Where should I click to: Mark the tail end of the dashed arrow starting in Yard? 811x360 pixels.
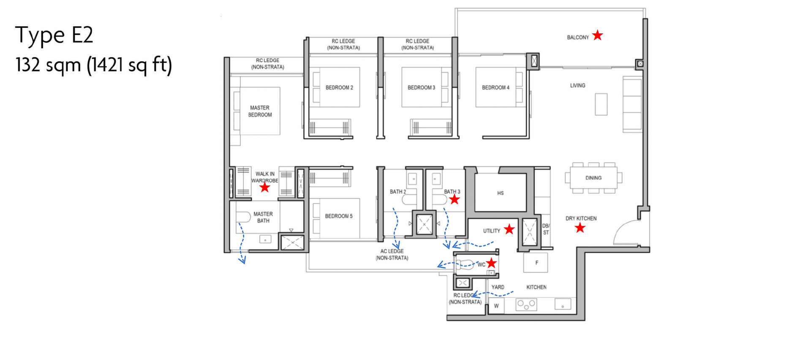click(x=513, y=291)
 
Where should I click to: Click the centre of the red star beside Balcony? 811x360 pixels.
click(x=597, y=35)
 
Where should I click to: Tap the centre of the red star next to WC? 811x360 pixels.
click(x=491, y=263)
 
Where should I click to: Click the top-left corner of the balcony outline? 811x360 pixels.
click(x=455, y=8)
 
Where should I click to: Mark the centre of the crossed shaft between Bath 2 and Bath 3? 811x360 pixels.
click(x=424, y=224)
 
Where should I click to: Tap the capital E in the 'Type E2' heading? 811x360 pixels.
click(x=78, y=35)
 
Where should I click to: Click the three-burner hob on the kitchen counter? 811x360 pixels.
click(x=526, y=304)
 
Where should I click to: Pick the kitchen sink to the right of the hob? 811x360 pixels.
click(x=563, y=304)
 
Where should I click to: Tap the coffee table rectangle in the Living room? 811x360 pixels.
click(x=601, y=104)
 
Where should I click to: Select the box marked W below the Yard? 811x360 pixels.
click(x=496, y=306)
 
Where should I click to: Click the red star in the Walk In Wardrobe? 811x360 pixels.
click(x=265, y=187)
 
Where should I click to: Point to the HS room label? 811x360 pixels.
click(x=501, y=193)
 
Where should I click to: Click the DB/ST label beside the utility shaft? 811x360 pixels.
click(x=546, y=229)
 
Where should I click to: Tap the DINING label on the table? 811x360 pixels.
click(x=593, y=178)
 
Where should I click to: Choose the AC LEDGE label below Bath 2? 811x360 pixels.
click(x=392, y=251)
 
